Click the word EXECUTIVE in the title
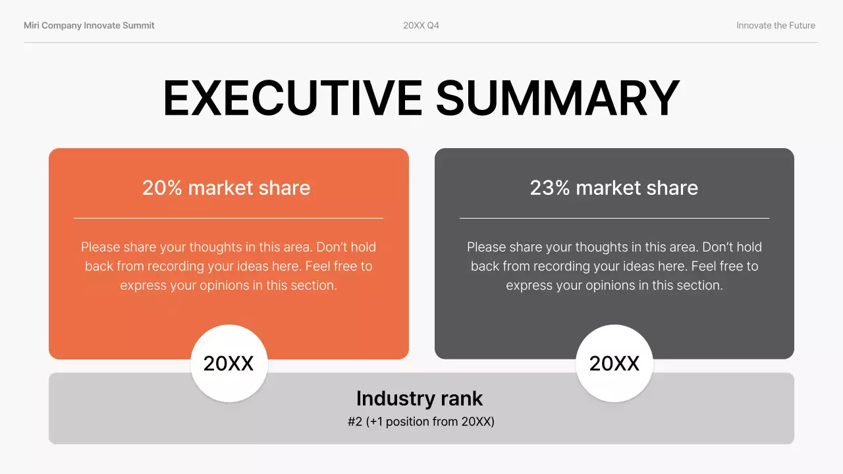coord(292,97)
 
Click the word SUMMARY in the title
coord(557,97)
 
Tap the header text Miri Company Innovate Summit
coord(89,26)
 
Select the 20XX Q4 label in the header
coord(421,26)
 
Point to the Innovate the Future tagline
coord(775,26)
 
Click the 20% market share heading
coord(227,188)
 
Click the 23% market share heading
coord(614,188)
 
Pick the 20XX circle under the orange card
coord(229,363)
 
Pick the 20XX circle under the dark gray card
coord(614,363)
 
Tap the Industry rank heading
coord(420,398)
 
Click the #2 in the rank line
coord(355,421)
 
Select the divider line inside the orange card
coord(228,218)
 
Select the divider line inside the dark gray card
coord(614,218)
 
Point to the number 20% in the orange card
coord(162,188)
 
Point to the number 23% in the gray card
coord(550,188)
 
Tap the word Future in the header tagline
coord(800,26)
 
